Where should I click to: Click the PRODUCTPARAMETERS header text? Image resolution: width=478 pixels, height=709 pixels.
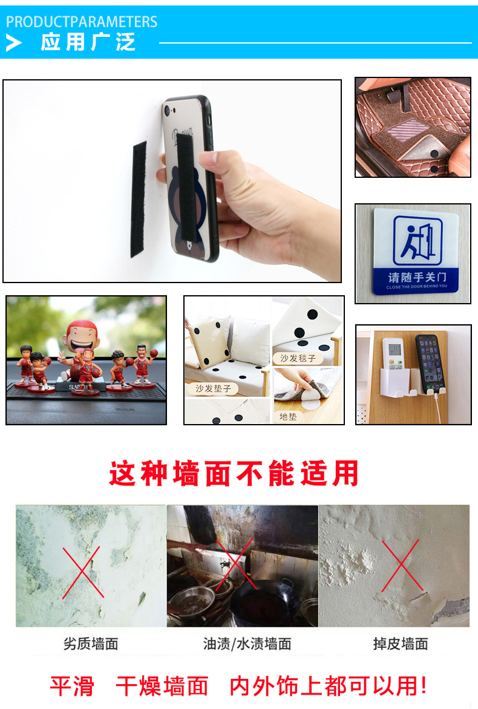tap(82, 22)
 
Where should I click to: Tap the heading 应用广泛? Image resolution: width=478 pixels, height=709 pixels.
tap(88, 43)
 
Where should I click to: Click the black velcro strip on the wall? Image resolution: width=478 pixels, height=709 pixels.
tap(139, 199)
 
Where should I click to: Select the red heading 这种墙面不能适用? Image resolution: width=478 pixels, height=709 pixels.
tap(234, 474)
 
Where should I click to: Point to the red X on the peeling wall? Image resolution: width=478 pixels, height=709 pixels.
tap(400, 566)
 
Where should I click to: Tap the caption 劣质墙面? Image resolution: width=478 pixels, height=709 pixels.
tap(91, 644)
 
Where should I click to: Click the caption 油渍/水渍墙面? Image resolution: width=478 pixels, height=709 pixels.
tap(247, 644)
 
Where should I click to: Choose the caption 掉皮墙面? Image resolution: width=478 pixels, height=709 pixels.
tap(400, 644)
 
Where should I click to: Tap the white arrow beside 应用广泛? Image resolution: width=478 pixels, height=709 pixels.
tap(14, 43)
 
